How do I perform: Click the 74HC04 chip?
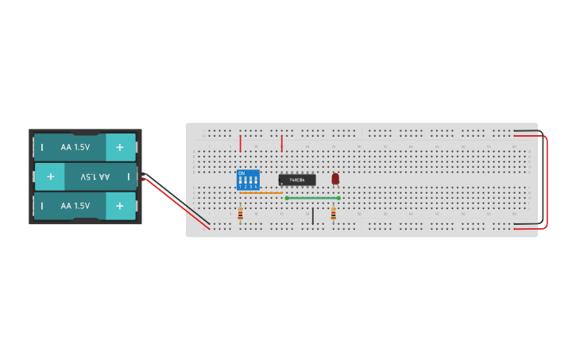tap(297, 180)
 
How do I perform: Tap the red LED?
tap(335, 179)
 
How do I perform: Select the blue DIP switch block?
tap(249, 179)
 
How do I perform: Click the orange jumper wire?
tap(261, 192)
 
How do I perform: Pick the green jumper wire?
tap(312, 198)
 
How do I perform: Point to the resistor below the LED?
tap(333, 213)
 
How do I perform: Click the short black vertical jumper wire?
tap(312, 215)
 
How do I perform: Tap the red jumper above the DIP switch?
tap(240, 143)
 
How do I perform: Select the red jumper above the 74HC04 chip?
tap(281, 143)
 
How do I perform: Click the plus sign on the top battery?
tap(120, 147)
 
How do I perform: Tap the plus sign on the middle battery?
tap(50, 176)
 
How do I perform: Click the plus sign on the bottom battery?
tap(120, 206)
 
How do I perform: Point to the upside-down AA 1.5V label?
tap(95, 176)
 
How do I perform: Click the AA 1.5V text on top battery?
tap(75, 147)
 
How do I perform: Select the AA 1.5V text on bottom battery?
tap(75, 206)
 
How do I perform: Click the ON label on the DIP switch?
tap(242, 172)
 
